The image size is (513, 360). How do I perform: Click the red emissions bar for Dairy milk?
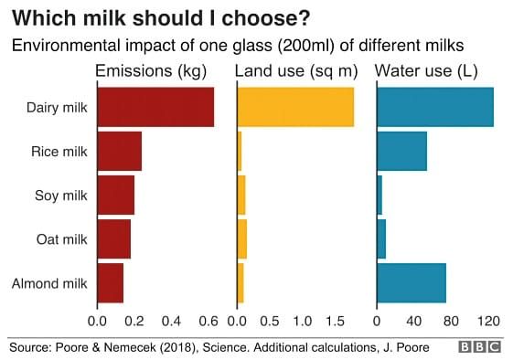pyautogui.click(x=155, y=107)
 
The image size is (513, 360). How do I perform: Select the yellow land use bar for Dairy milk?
pyautogui.click(x=295, y=107)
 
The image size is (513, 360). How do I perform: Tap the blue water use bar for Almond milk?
pyautogui.click(x=411, y=282)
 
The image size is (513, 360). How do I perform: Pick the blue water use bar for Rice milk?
pyautogui.click(x=401, y=151)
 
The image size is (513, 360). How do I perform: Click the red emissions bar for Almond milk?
pyautogui.click(x=110, y=282)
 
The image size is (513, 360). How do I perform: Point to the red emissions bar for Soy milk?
pyautogui.click(x=115, y=195)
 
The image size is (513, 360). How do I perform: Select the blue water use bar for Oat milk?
pyautogui.click(x=381, y=238)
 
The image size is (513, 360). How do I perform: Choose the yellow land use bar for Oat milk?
pyautogui.click(x=242, y=238)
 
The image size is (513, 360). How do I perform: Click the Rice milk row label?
pyautogui.click(x=59, y=152)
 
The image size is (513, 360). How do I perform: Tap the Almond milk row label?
pyautogui.click(x=49, y=283)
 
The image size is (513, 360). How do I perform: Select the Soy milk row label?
pyautogui.click(x=60, y=196)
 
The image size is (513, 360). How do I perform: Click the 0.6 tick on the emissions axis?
pyautogui.click(x=208, y=322)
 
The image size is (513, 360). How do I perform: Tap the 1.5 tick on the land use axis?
pyautogui.click(x=335, y=322)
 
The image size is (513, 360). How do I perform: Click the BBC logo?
pyautogui.click(x=480, y=348)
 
